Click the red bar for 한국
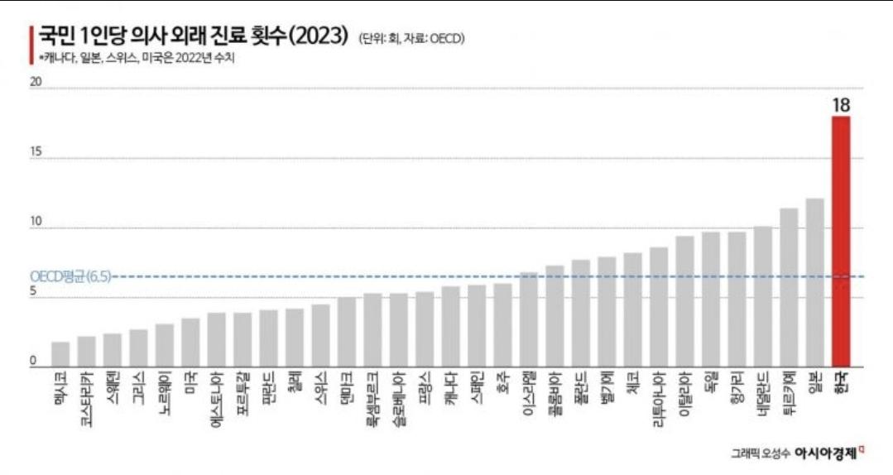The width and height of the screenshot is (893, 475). (x=841, y=240)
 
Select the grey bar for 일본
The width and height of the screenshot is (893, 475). (x=814, y=282)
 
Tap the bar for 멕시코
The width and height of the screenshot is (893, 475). (x=60, y=353)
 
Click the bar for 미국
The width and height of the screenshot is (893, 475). (x=190, y=342)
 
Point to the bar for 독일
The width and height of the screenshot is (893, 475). (x=710, y=299)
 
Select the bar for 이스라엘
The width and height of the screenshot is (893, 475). (x=528, y=319)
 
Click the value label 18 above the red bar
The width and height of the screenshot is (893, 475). (x=842, y=105)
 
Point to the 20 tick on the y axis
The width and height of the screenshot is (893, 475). (x=36, y=82)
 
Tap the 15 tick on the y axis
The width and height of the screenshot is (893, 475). (x=36, y=152)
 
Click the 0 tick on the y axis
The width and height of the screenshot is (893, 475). (x=33, y=361)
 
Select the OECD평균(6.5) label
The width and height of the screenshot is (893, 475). (x=70, y=276)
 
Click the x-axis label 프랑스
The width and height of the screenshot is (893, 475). (x=425, y=388)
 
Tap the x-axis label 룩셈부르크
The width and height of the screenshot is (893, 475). (x=372, y=397)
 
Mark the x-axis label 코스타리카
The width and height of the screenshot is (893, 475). (x=86, y=397)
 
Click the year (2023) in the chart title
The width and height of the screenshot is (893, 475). (x=318, y=38)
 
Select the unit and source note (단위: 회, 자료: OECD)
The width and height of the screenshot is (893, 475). (x=411, y=40)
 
